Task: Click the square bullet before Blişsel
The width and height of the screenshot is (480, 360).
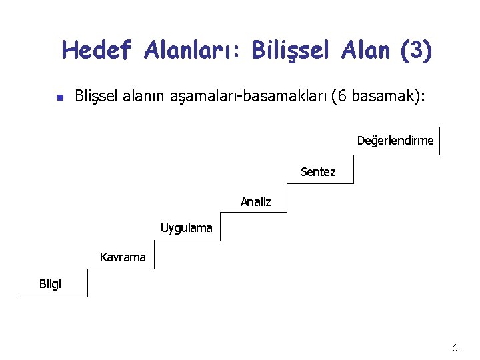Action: (59, 97)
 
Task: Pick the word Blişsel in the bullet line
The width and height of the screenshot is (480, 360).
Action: (96, 97)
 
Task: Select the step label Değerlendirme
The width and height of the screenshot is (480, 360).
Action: (395, 141)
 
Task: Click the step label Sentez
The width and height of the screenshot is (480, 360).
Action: (318, 172)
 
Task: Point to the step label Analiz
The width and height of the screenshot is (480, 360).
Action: (256, 201)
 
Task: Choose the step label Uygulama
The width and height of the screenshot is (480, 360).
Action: (186, 228)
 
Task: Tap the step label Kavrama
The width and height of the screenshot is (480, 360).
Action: (123, 257)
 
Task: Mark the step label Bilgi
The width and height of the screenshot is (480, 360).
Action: (50, 284)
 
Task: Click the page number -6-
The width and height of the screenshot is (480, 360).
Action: (455, 348)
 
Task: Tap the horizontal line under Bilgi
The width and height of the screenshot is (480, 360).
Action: (53, 296)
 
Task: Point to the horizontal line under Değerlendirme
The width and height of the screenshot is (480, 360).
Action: (397, 154)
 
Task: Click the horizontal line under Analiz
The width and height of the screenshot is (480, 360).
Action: (253, 212)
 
